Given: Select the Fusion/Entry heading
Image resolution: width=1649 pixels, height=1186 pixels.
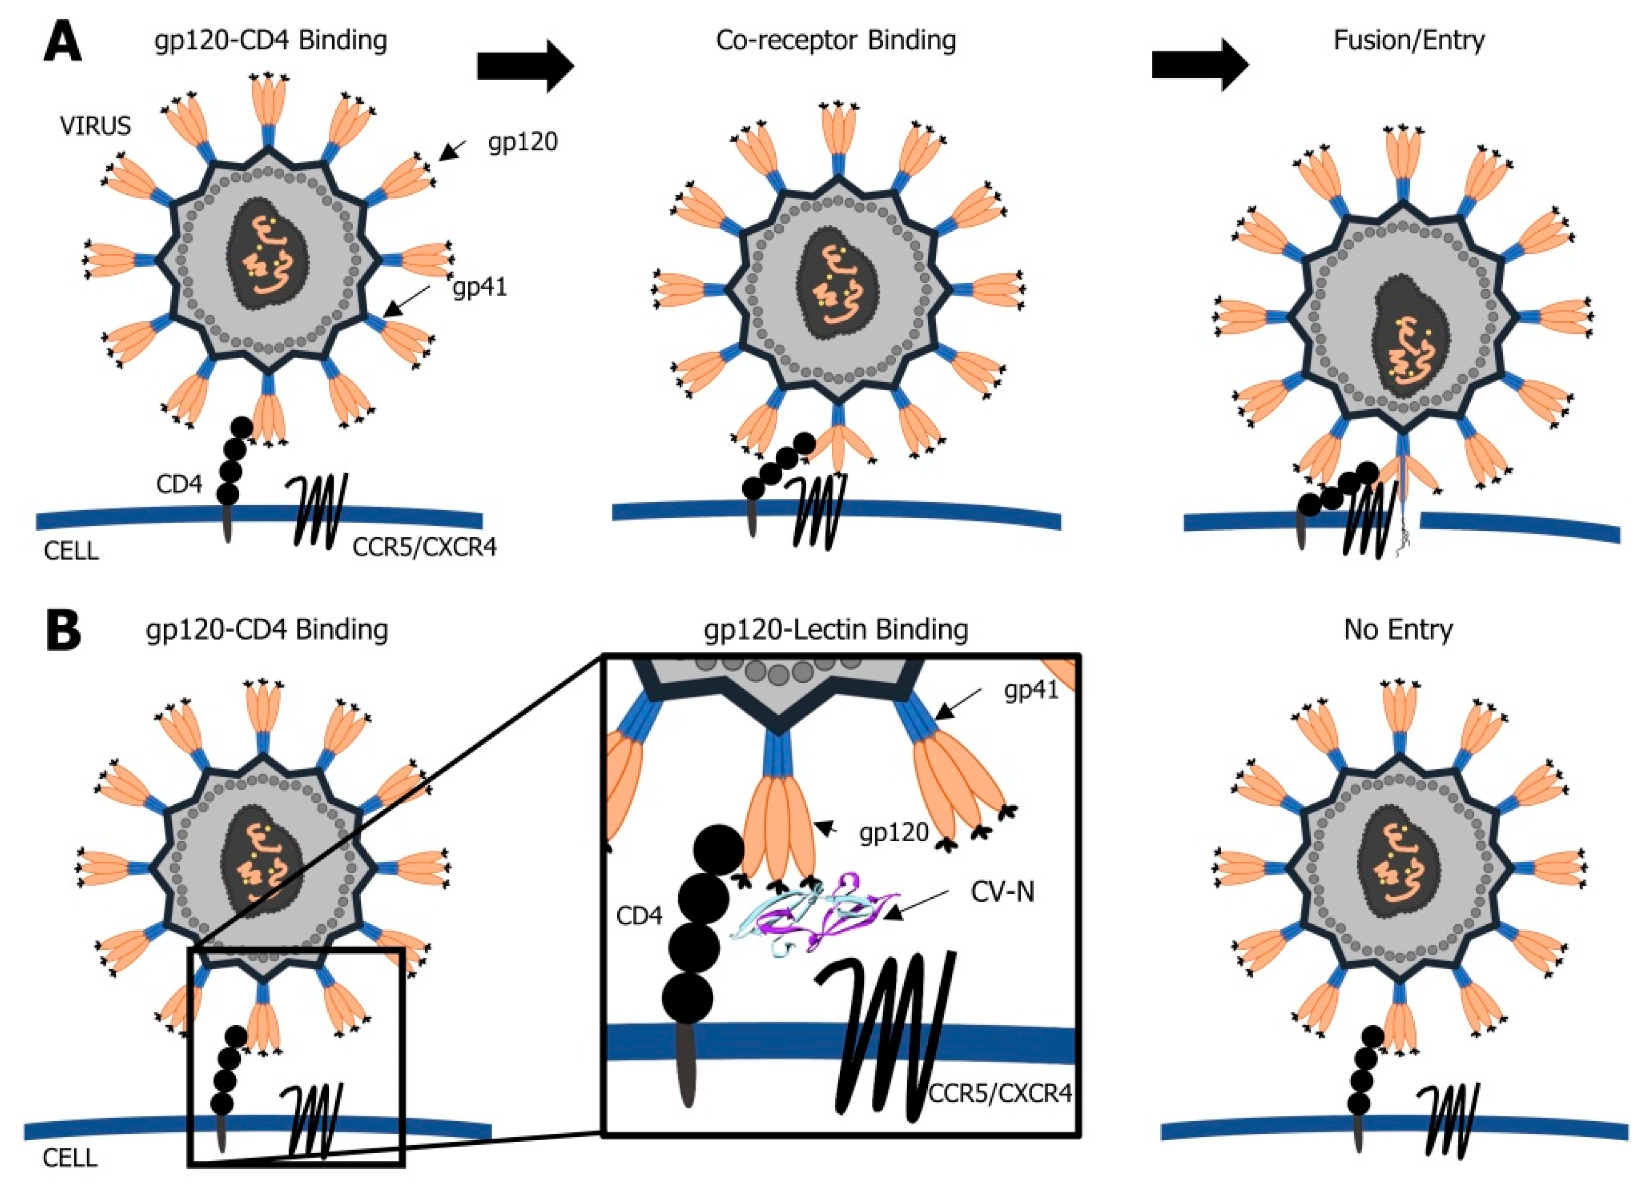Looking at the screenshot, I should (1408, 40).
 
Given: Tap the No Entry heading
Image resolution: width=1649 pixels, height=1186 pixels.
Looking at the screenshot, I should (1397, 629).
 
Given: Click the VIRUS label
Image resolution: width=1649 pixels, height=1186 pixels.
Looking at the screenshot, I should (95, 126).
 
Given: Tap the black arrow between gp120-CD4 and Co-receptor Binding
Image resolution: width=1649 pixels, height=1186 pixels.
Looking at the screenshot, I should (525, 66).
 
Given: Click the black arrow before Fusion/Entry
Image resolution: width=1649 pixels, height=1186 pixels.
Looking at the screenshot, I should (1200, 66).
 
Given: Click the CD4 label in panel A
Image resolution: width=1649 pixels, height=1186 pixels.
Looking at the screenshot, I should (179, 485).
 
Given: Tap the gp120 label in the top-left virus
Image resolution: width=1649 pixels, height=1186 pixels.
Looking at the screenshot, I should (522, 142).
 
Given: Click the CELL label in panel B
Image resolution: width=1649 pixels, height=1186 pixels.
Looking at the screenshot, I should (70, 1157).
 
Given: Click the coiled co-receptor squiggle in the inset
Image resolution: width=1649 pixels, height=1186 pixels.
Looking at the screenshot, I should (887, 1032).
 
